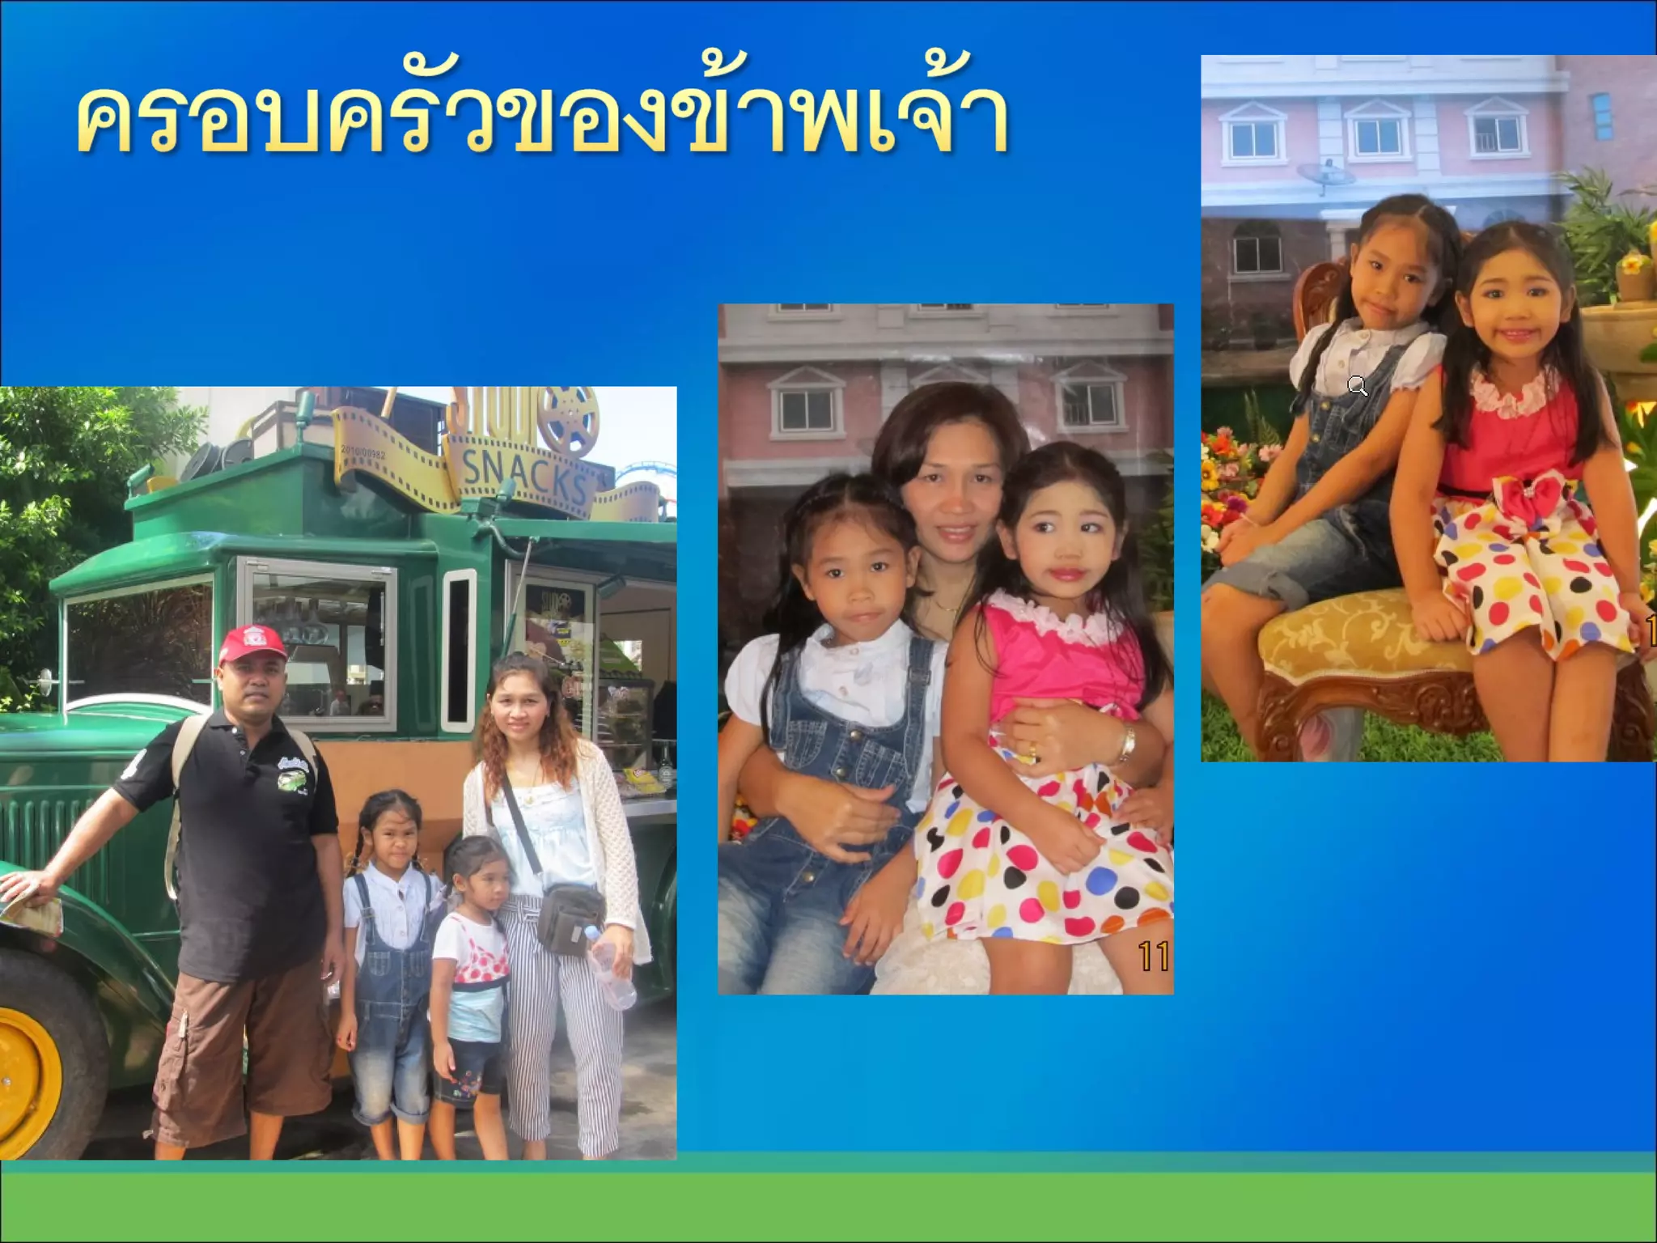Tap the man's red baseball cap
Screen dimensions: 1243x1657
[252, 643]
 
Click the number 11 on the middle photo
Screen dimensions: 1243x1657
[1153, 957]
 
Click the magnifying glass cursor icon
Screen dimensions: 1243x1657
[1358, 386]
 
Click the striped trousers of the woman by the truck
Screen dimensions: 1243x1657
[558, 1052]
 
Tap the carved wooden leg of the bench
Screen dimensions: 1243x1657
[1286, 720]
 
